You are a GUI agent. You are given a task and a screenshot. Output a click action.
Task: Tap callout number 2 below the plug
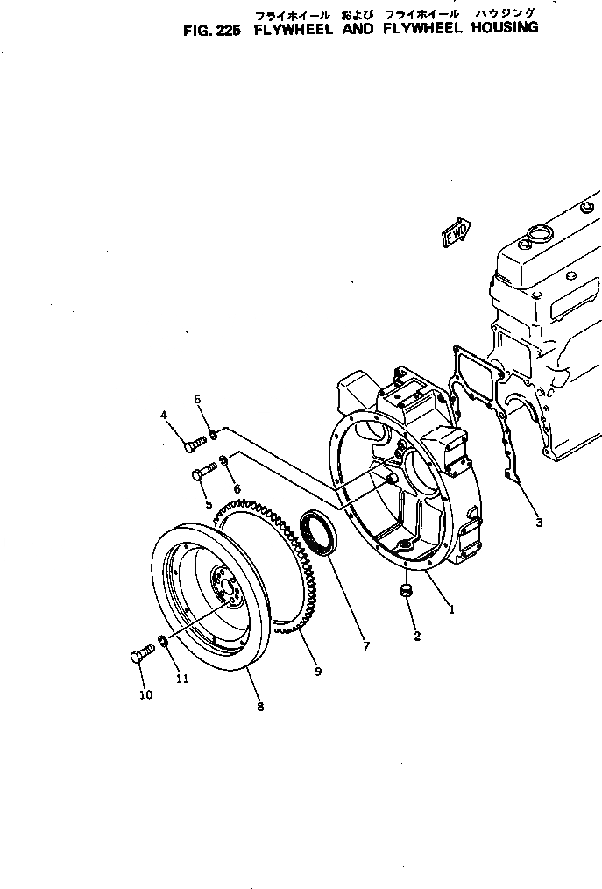417,637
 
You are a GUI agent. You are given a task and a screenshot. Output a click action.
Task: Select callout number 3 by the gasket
539,523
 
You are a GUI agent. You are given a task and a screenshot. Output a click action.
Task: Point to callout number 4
163,415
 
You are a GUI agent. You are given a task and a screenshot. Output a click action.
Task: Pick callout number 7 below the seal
365,647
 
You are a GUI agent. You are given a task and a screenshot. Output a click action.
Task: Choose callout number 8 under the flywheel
259,707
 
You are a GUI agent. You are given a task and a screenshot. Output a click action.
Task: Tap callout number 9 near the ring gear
318,672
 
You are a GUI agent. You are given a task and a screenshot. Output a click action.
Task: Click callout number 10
145,695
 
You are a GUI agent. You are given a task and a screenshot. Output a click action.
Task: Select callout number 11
182,678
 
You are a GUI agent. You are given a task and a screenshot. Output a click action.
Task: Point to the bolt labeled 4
193,444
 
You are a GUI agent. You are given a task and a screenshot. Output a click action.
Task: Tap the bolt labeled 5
201,473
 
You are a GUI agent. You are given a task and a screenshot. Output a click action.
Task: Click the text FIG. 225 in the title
212,28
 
